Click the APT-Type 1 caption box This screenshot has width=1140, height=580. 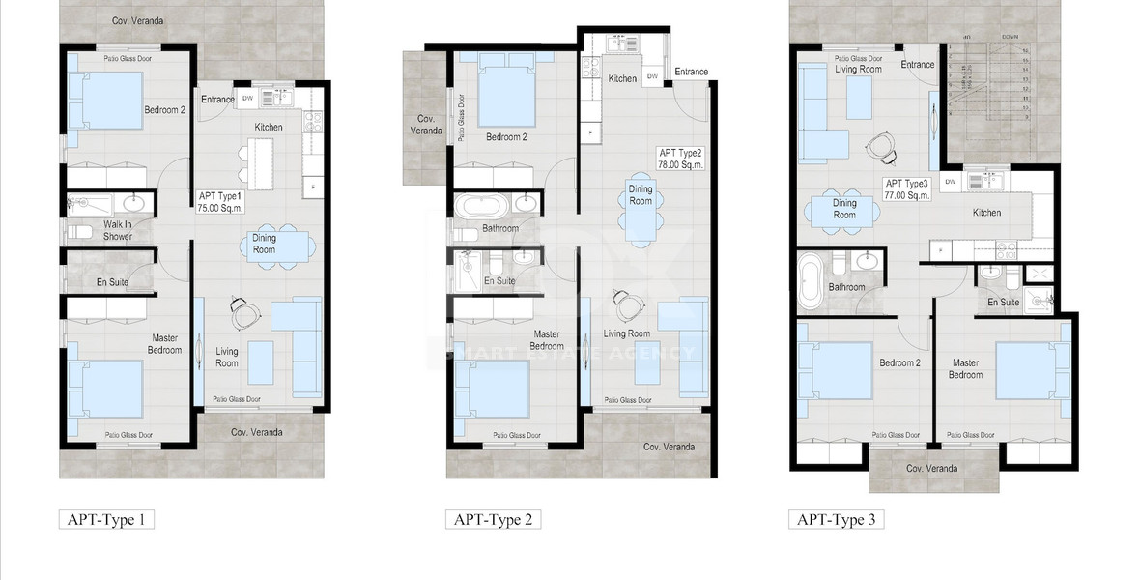pos(106,520)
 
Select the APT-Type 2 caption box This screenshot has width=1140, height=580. pos(493,520)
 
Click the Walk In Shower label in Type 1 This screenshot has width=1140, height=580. pos(118,230)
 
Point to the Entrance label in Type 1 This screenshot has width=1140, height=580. pos(217,100)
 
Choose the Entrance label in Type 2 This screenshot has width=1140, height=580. pos(691,72)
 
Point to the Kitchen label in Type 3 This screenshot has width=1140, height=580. pos(986,213)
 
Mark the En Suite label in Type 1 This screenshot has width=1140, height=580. pos(112,282)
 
